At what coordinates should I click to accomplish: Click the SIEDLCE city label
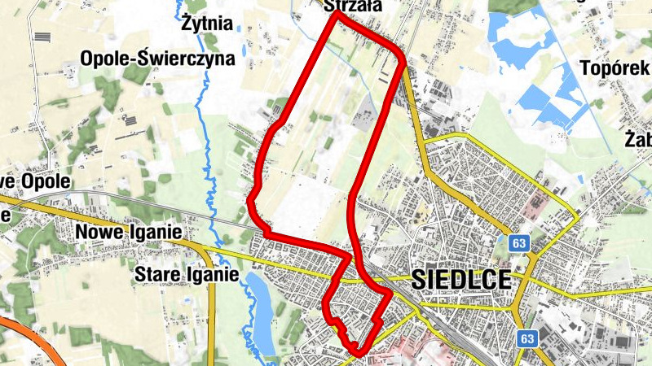coord(462,280)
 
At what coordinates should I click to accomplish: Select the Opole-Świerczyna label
coord(157,59)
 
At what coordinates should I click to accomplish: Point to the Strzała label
coord(352,7)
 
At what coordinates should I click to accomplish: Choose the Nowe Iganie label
coord(128,233)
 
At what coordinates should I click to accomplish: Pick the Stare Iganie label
coord(187,274)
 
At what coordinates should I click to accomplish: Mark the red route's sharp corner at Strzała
coord(335,14)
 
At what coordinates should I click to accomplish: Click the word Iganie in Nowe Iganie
coord(153,233)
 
